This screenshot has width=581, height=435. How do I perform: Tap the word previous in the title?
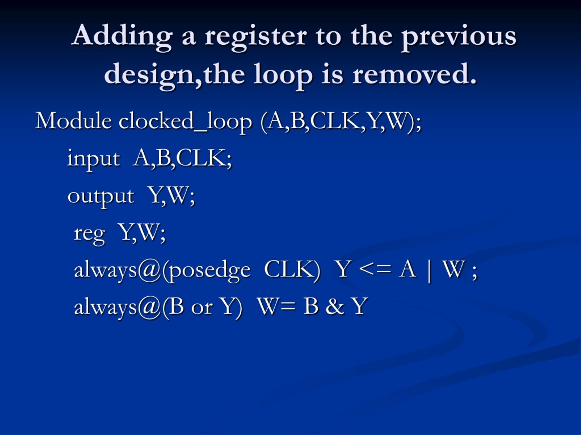tap(459, 37)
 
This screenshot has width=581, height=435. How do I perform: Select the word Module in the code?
tap(74, 121)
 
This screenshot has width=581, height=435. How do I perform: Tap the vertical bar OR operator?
tap(429, 270)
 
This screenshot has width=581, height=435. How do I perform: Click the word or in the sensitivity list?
tap(202, 307)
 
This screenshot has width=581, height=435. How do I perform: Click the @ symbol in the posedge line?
tap(149, 270)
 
